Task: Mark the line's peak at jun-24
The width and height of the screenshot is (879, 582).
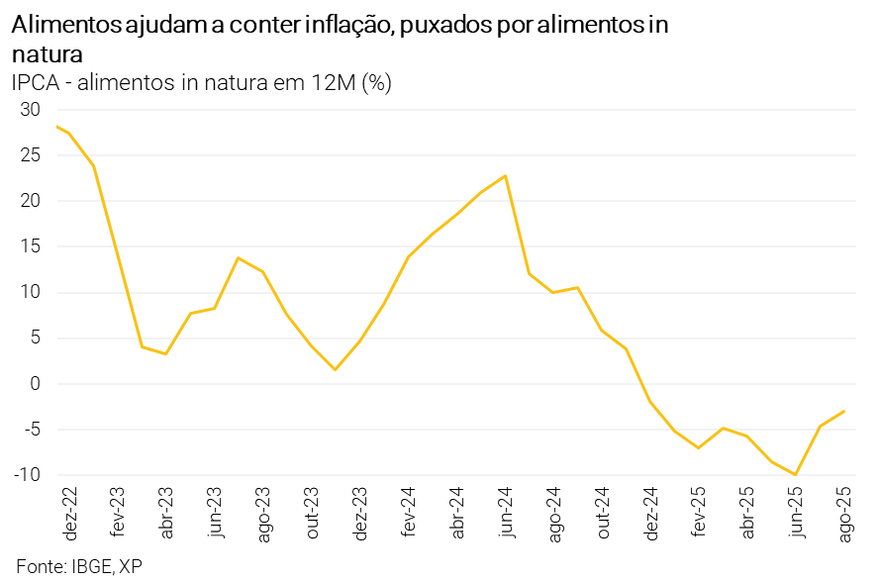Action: click(506, 176)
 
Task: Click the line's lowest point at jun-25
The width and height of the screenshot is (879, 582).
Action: click(796, 475)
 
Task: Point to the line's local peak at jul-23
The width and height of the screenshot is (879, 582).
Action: click(239, 257)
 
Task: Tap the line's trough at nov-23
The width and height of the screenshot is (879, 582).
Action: click(336, 370)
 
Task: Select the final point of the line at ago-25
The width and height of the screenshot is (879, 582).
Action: click(844, 411)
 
